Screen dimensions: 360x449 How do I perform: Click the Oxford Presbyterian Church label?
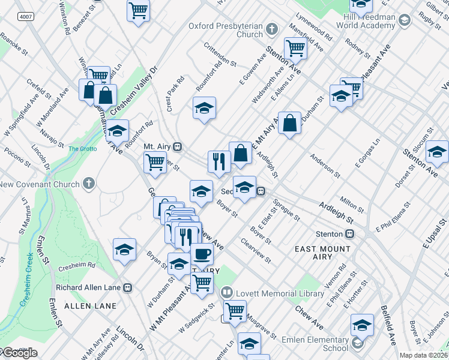[x=226, y=31]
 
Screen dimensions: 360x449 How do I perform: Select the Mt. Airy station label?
[x=158, y=146]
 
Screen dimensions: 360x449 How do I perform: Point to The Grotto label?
[x=82, y=149]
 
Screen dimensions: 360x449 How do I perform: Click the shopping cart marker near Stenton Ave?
[x=295, y=48]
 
